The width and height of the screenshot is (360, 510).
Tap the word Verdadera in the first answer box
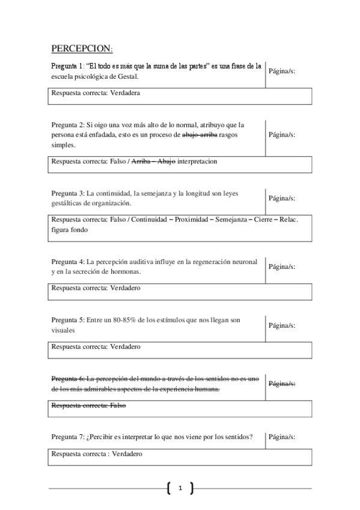click(x=125, y=93)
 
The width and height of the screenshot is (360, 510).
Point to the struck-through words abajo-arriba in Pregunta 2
click(x=200, y=135)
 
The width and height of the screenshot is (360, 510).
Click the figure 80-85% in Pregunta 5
click(x=122, y=320)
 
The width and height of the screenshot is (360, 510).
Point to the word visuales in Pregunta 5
click(x=63, y=330)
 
